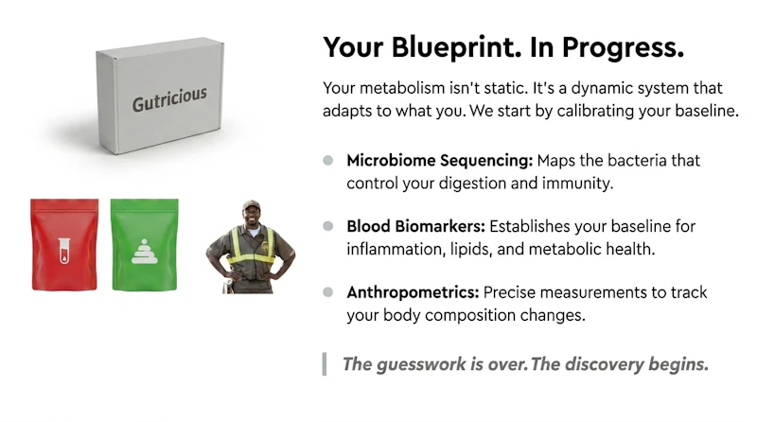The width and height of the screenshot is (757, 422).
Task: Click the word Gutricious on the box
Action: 169,99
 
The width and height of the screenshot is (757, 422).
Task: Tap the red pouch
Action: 64,245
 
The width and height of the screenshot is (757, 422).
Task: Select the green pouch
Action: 145,245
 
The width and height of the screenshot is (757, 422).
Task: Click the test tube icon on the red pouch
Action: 64,251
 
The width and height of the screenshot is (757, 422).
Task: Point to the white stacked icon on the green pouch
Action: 145,251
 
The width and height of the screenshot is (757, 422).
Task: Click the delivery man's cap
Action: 251,204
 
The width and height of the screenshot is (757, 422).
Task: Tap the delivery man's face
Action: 252,217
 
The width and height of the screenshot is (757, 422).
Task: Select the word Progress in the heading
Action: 623,48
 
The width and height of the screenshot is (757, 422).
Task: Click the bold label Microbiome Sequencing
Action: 439,160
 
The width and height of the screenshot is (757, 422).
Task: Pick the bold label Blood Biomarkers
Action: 415,226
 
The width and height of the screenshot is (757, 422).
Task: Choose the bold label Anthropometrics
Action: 413,292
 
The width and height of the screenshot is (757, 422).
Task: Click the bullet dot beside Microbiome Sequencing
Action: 327,160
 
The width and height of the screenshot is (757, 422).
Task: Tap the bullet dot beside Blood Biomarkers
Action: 327,226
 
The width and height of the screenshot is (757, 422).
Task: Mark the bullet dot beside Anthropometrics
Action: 327,292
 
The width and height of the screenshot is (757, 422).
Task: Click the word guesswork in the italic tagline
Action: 421,364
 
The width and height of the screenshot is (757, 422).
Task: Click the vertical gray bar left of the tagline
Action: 325,364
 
